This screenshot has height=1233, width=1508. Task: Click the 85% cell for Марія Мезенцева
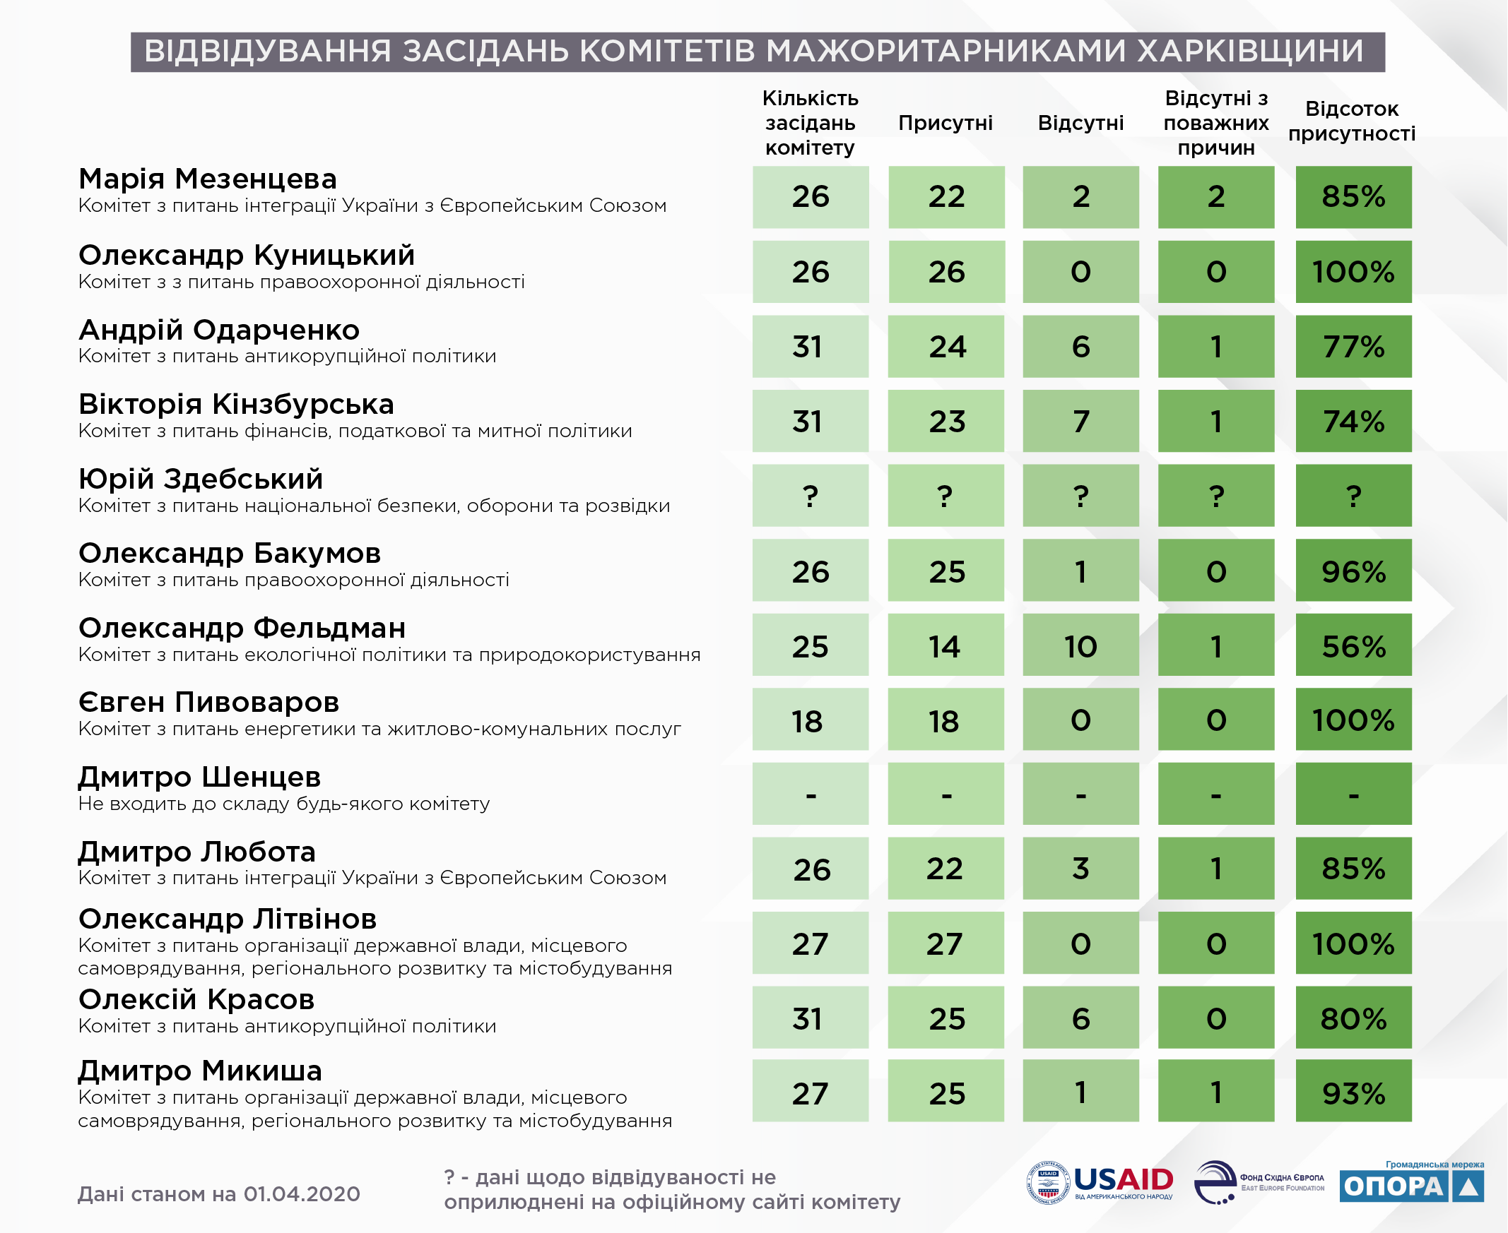1353,197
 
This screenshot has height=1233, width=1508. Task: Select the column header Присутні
946,123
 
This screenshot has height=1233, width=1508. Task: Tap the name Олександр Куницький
247,255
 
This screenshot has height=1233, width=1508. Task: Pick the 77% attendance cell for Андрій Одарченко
1353,347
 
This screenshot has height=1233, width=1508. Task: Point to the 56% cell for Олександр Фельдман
1353,645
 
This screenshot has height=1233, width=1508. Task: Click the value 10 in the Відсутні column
1080,645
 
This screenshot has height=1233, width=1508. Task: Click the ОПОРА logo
1411,1183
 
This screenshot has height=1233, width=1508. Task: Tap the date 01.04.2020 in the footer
301,1194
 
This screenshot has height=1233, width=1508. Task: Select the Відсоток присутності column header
1352,121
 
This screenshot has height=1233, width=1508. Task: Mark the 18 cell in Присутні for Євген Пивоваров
946,720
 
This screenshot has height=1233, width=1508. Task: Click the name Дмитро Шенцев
200,777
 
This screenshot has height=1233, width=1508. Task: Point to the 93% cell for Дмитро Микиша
1353,1092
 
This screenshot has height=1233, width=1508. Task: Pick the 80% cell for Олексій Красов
1353,1017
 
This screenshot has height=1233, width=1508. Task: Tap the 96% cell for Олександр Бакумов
1353,571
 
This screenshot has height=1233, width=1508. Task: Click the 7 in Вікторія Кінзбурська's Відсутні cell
1080,421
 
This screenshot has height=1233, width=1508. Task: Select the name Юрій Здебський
201,479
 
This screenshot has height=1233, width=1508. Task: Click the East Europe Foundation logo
1259,1184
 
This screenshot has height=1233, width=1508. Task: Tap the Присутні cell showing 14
946,645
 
